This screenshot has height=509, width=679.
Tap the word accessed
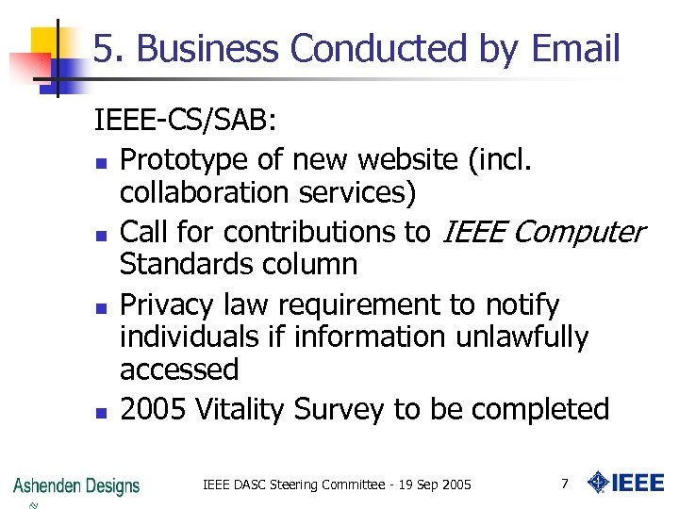coord(179,369)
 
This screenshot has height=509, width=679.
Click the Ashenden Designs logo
coord(76,486)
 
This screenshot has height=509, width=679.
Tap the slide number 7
coord(564,484)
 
